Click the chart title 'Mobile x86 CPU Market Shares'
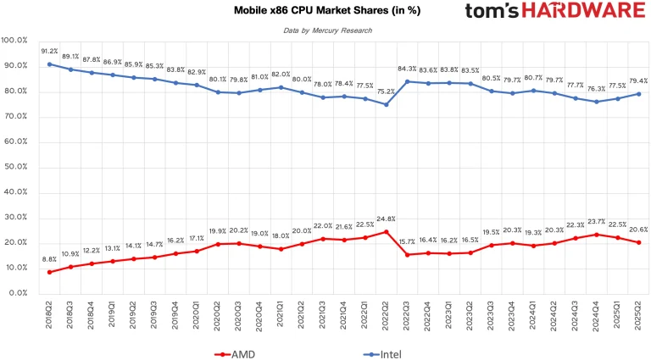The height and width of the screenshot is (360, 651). pos(325,11)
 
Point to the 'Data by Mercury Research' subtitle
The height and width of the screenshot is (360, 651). pos(327,30)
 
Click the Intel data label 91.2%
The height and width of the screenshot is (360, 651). pos(49,51)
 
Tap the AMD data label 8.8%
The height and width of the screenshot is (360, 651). pos(49,259)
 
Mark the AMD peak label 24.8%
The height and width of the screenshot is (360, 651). pos(387,219)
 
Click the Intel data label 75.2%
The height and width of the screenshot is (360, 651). pos(387,92)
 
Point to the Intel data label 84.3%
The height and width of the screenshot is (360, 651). pos(408,69)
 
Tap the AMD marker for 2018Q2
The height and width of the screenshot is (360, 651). pos(50,272)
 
